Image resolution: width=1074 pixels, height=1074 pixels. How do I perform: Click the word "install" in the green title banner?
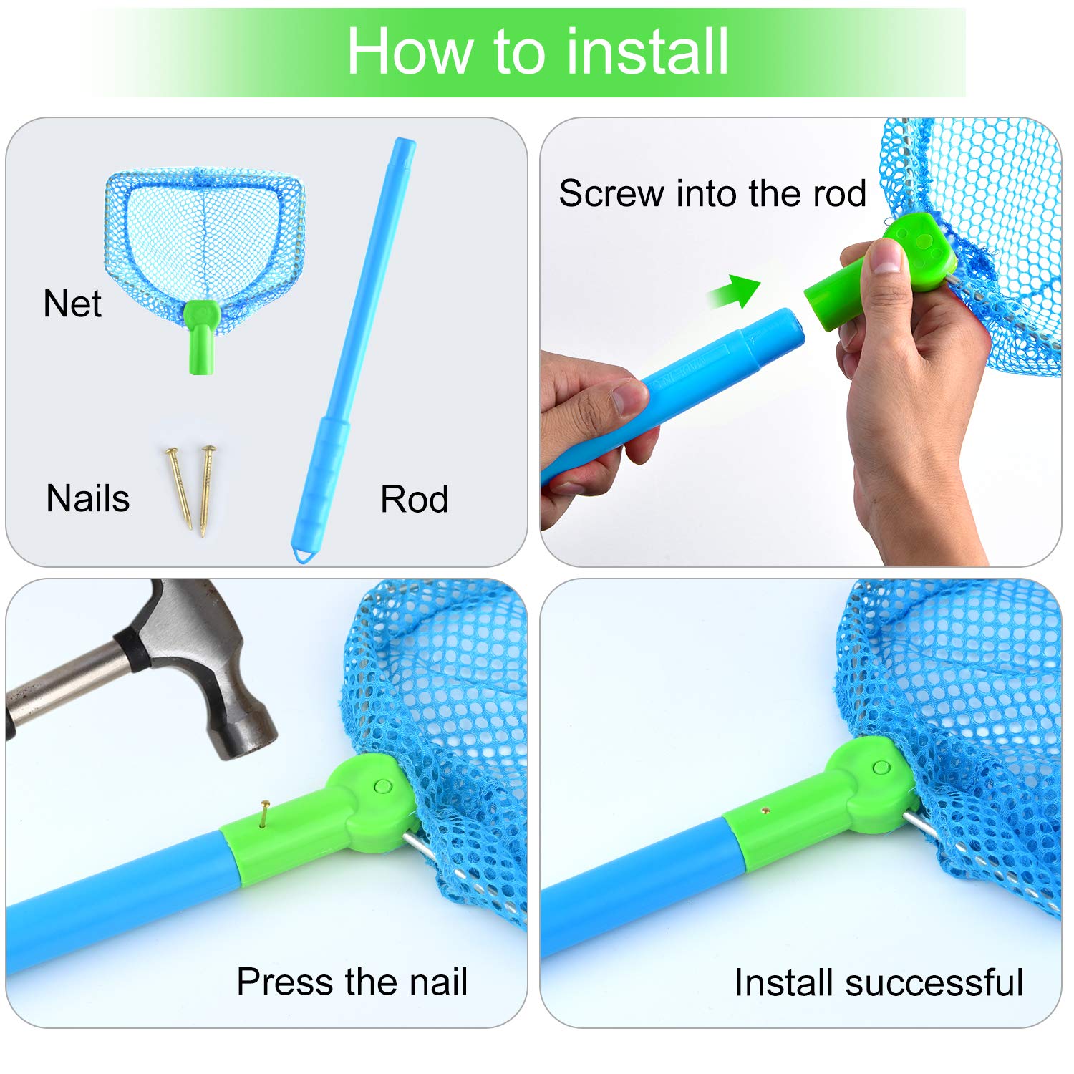[647, 52]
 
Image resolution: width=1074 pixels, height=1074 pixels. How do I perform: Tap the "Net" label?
[72, 304]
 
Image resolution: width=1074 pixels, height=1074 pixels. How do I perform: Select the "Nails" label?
[88, 498]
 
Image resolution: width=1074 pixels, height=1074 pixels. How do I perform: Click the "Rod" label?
[415, 499]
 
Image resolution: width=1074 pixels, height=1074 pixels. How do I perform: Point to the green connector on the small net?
[201, 335]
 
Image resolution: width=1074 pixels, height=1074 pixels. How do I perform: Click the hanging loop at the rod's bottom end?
[306, 555]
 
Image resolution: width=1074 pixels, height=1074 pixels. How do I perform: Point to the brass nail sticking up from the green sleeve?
[265, 815]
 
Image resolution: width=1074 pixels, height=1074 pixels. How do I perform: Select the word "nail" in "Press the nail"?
[437, 981]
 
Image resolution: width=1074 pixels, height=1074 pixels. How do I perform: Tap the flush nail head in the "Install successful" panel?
[765, 811]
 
